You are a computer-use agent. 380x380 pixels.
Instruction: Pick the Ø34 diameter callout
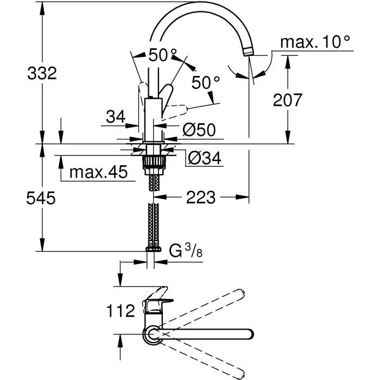point(204,157)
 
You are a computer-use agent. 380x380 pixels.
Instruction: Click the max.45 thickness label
point(98,173)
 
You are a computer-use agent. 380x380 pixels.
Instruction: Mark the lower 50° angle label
point(206,83)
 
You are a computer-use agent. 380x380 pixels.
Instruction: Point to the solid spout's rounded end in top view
point(249,333)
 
